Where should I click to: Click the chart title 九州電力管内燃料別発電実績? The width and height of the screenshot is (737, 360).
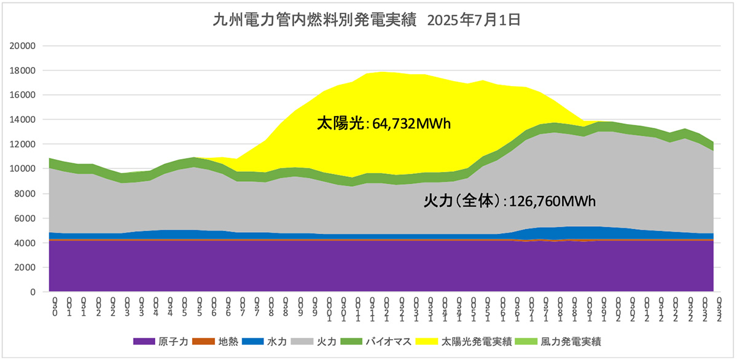click(x=314, y=21)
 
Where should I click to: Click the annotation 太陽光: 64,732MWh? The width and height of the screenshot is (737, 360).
click(x=384, y=124)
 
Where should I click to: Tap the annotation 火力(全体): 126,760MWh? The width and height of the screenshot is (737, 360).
click(x=510, y=201)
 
